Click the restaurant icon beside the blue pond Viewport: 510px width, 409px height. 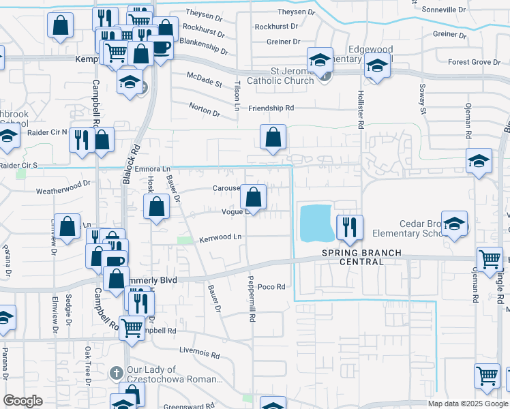point(350,228)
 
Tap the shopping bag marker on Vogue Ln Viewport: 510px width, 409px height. point(254,198)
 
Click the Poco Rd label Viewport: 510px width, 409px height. point(271,287)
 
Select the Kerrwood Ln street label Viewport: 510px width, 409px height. point(220,238)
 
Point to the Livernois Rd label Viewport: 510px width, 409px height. point(200,355)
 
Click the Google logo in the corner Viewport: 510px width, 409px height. point(24,400)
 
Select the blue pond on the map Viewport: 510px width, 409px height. point(316,223)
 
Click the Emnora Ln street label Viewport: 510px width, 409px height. point(152,168)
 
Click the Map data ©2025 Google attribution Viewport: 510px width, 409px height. point(468,404)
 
